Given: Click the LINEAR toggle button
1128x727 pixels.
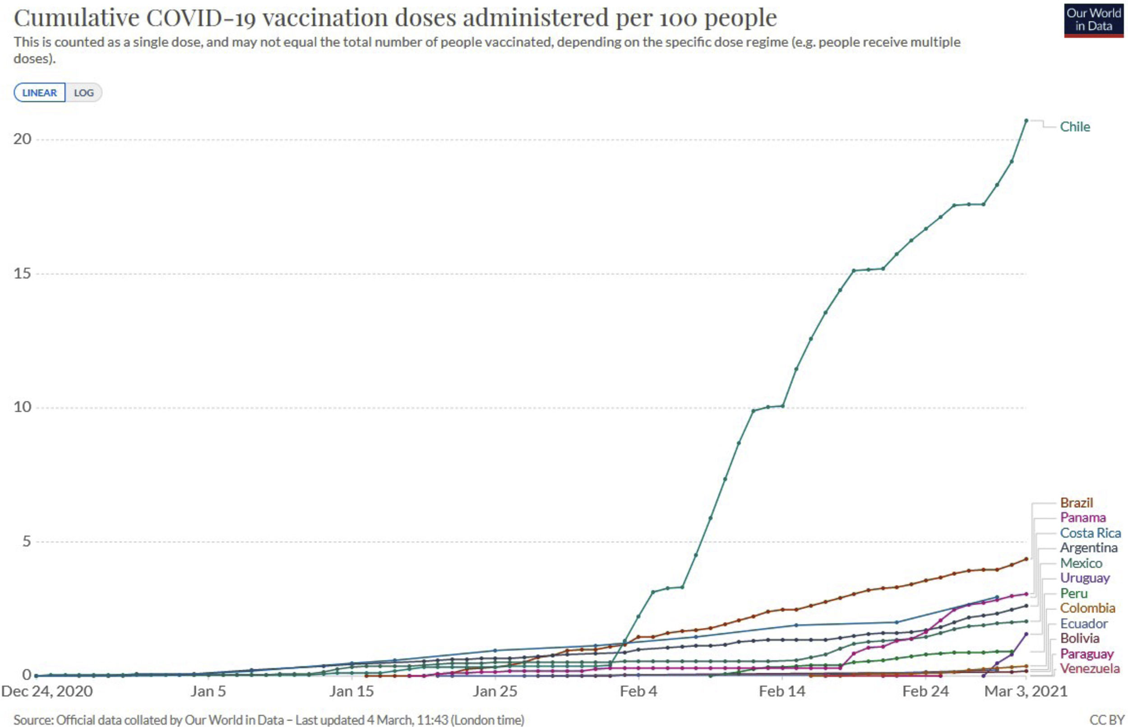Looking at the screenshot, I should tap(40, 92).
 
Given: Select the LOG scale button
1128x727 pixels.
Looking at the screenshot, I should tap(83, 92).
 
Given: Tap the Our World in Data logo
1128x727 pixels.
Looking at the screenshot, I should tap(1093, 20).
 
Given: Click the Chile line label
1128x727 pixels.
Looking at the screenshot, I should tap(1075, 127).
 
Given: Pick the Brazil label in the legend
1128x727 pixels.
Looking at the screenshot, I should tap(1076, 503).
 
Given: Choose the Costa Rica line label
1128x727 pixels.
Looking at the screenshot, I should tap(1090, 533).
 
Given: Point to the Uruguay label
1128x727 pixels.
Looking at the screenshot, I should tap(1085, 578).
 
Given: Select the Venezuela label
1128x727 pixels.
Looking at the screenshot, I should tap(1089, 668).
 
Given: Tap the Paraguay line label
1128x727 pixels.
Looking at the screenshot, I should tap(1086, 654).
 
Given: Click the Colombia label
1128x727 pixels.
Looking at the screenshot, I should tap(1087, 608).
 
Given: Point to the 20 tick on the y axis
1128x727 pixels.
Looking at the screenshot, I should tap(22, 139).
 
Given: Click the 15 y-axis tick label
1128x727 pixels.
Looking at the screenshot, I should tap(22, 273).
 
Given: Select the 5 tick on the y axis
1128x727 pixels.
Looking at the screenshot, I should tap(27, 541).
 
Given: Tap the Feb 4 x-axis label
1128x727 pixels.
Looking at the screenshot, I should tap(638, 691).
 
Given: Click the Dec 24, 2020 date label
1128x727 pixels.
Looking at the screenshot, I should tap(47, 691).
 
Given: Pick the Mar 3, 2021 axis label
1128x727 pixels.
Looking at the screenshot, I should tap(1026, 691).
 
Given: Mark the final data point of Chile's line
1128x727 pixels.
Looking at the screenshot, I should tap(1026, 120).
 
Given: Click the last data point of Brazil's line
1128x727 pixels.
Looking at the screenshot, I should tap(1026, 559).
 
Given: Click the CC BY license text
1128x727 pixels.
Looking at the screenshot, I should tap(1107, 720).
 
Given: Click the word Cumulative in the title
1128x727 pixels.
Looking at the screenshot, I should tap(77, 18).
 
